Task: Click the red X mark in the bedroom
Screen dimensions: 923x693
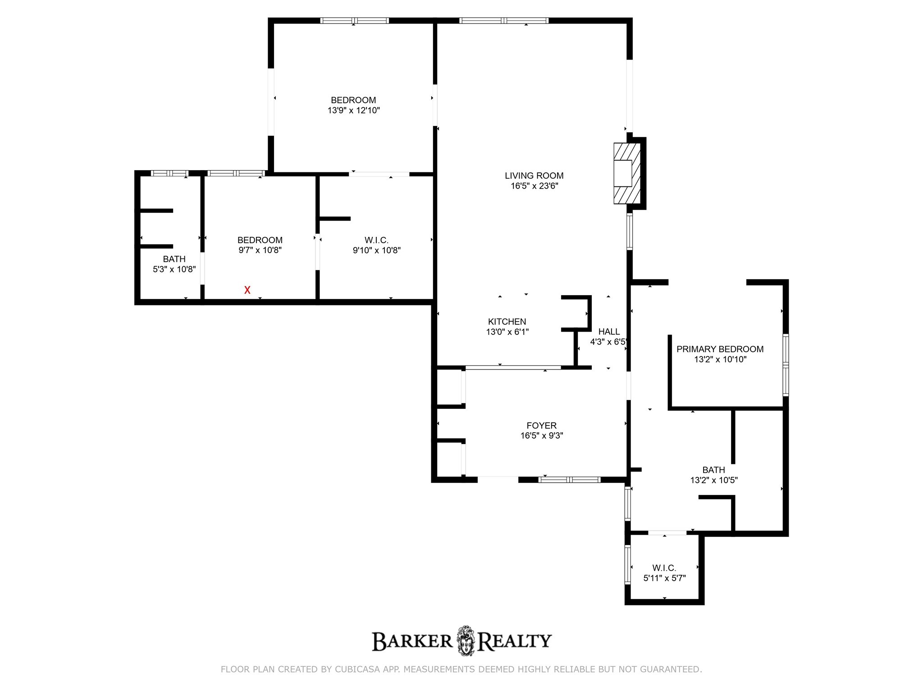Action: [247, 290]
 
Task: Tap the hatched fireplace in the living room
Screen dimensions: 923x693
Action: [627, 173]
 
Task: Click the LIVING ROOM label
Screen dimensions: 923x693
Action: [534, 176]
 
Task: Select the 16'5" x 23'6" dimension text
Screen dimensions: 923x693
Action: [534, 186]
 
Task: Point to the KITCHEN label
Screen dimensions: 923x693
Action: [507, 322]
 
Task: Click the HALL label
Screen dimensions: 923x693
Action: [609, 332]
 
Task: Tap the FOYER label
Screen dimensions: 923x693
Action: [541, 425]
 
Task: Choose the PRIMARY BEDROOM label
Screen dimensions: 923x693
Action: [720, 349]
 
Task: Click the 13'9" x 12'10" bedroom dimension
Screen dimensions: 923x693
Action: [353, 111]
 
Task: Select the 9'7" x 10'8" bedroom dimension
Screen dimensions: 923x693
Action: [260, 250]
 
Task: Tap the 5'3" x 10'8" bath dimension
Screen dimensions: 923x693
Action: [174, 269]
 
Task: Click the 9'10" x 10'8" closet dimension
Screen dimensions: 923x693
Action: [376, 250]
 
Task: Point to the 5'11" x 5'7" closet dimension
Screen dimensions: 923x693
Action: [664, 578]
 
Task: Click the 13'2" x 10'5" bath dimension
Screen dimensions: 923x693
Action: [713, 480]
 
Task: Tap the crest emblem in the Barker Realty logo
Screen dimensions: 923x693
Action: [466, 641]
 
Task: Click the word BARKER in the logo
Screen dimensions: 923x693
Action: [412, 641]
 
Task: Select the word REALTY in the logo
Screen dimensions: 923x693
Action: [514, 641]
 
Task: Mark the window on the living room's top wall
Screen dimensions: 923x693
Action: [504, 20]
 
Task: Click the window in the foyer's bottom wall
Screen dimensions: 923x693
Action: [570, 480]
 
